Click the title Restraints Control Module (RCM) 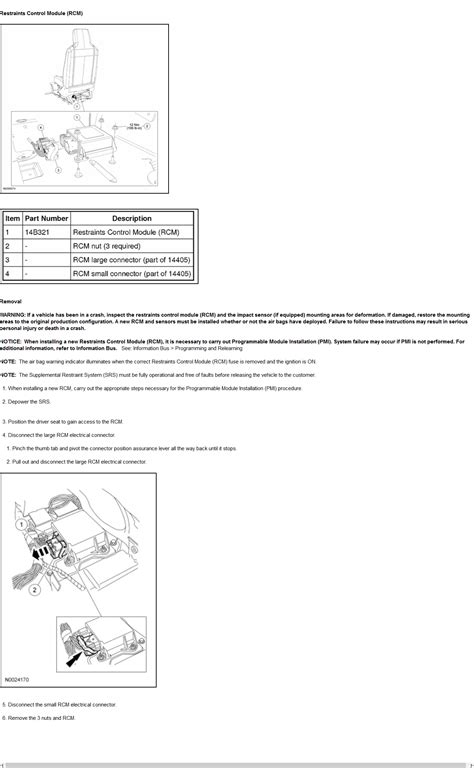(42, 13)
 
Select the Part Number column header (47, 218)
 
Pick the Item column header (12, 218)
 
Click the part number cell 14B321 (40, 232)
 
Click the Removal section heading (11, 300)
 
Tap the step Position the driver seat (64, 422)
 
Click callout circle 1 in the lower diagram (20, 524)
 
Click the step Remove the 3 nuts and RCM (40, 718)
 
